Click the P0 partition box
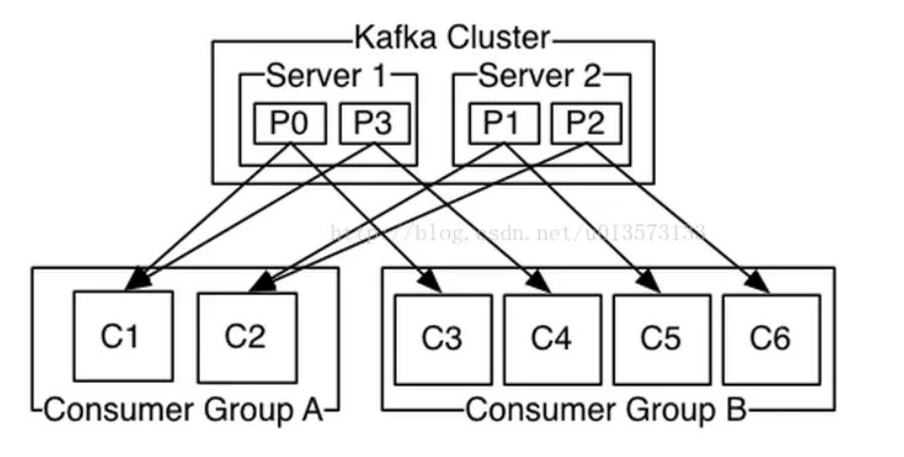click(x=288, y=123)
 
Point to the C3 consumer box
click(x=442, y=338)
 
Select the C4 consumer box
click(x=551, y=338)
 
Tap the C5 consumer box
click(x=660, y=338)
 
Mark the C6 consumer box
click(x=769, y=338)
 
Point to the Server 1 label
click(x=327, y=75)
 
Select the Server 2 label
click(x=540, y=75)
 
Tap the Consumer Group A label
click(x=184, y=410)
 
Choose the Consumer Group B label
click(x=606, y=410)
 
